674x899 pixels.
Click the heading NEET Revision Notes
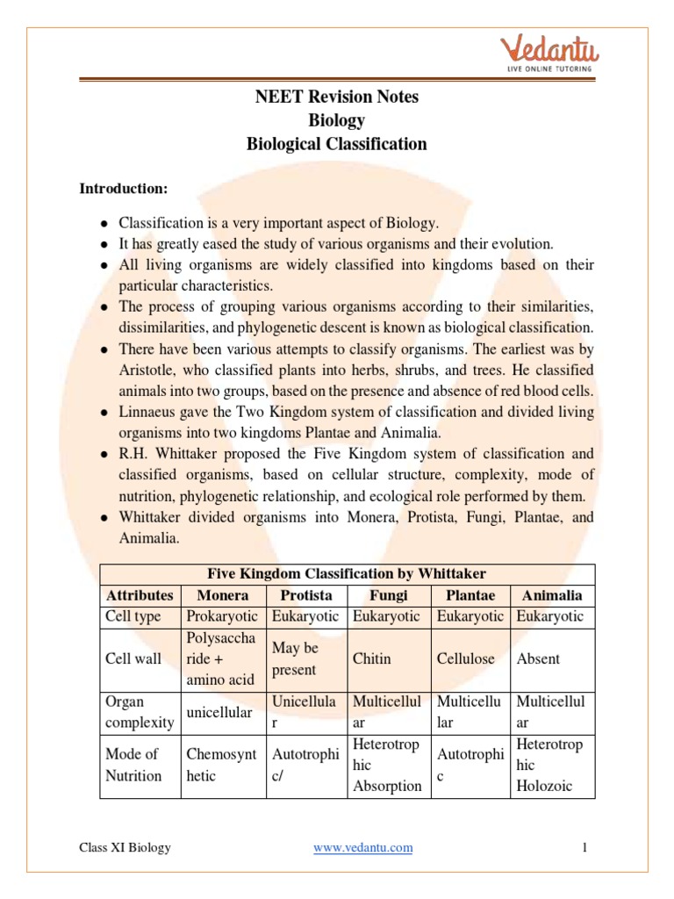(x=337, y=97)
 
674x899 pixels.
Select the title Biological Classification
(x=337, y=144)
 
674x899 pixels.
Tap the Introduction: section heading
(x=123, y=188)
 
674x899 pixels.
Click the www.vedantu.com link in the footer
(x=362, y=847)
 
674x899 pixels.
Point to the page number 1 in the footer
(x=583, y=847)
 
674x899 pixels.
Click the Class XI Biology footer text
(x=125, y=847)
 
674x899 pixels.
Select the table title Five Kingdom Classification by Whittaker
(x=346, y=573)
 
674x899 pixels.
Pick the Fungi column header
(x=390, y=594)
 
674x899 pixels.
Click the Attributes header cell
(x=140, y=594)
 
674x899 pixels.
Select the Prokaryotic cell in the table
(x=223, y=616)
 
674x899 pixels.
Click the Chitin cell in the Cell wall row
(x=371, y=658)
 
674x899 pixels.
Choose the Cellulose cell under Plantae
(x=465, y=658)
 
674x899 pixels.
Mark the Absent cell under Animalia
(x=538, y=658)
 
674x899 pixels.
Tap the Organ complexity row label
(x=139, y=712)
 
